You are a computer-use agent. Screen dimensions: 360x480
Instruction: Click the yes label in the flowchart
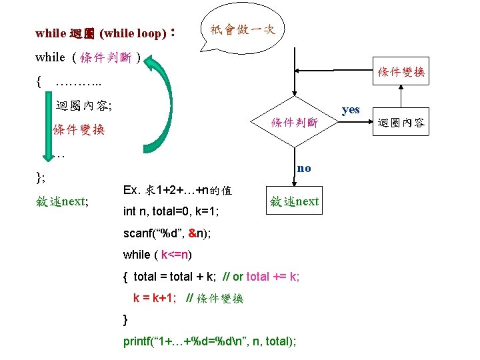(x=351, y=110)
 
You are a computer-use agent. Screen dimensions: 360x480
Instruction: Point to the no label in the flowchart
(x=303, y=168)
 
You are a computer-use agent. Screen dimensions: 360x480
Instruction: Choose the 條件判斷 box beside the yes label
(x=294, y=123)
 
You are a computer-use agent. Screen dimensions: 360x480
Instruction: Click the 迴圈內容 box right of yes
(x=401, y=123)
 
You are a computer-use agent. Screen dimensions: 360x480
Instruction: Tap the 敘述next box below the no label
(x=294, y=201)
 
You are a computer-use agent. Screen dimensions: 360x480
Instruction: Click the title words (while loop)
(x=133, y=33)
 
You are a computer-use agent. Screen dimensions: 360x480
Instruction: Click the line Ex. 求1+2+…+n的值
(x=177, y=190)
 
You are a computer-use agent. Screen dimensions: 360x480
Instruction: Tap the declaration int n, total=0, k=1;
(x=172, y=211)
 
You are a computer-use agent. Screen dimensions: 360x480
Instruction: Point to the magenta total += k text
(x=273, y=276)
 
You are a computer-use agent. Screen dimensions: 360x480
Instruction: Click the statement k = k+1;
(x=155, y=298)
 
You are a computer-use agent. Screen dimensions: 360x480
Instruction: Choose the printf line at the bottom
(x=210, y=341)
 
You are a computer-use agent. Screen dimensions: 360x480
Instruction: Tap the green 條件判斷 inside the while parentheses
(x=105, y=57)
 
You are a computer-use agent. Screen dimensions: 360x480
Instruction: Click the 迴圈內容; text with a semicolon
(x=84, y=105)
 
